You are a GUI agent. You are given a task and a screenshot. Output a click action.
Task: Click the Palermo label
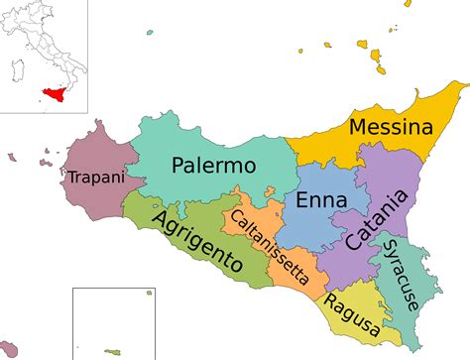click(x=213, y=165)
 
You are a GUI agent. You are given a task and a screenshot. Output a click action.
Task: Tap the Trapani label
click(x=96, y=178)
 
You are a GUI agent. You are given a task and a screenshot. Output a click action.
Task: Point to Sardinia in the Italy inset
click(x=17, y=71)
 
